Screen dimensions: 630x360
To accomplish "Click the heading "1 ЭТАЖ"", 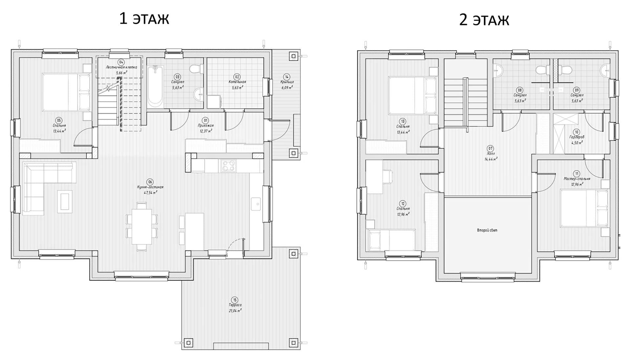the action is click(144, 19).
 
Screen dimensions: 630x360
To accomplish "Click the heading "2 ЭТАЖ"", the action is click(484, 20).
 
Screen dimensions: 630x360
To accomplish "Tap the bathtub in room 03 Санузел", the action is click(155, 87).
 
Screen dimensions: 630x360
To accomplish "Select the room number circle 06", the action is click(150, 182).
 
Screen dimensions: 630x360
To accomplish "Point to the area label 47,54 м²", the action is click(150, 192).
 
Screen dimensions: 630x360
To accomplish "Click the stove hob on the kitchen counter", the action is click(228, 166).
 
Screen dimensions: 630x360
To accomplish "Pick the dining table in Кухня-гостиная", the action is click(142, 227).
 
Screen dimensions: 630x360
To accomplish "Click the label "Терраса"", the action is click(235, 305).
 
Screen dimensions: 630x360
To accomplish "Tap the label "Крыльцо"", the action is click(287, 82).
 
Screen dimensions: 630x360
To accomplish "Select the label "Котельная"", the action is click(237, 82).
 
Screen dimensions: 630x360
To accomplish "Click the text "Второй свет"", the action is click(487, 230).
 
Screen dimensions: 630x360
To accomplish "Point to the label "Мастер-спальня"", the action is click(577, 179).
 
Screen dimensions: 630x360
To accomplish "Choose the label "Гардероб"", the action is click(577, 137).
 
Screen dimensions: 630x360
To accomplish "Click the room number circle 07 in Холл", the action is click(491, 148).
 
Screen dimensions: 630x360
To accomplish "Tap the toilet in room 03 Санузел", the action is click(196, 69).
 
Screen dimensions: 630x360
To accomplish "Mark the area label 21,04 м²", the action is click(235, 310).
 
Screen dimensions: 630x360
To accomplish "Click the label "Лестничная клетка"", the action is click(121, 67).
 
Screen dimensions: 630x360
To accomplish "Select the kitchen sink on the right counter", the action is click(256, 204).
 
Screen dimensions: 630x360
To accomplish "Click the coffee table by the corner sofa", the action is click(64, 200).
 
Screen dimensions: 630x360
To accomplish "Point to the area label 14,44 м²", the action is click(491, 159).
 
